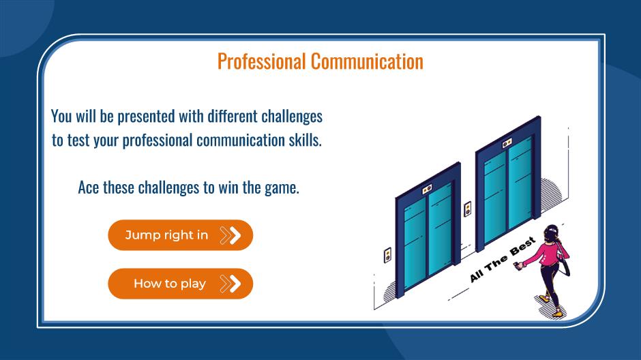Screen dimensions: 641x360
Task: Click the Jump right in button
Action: pyautogui.click(x=180, y=235)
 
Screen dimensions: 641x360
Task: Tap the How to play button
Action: pyautogui.click(x=180, y=284)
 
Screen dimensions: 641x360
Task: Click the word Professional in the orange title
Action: pyautogui.click(x=262, y=61)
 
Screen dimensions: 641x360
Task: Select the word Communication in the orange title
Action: pyautogui.click(x=367, y=61)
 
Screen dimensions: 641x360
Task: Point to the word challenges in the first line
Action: pyautogui.click(x=292, y=117)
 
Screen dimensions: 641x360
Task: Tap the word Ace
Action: pyautogui.click(x=88, y=187)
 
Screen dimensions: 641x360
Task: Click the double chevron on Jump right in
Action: pyautogui.click(x=230, y=235)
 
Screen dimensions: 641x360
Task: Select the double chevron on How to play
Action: pyautogui.click(x=230, y=284)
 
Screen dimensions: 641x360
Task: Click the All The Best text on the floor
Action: pyautogui.click(x=503, y=260)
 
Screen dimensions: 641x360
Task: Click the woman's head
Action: pyautogui.click(x=551, y=232)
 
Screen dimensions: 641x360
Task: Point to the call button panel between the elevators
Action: pyautogui.click(x=468, y=209)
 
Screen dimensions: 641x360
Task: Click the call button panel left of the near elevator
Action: pyautogui.click(x=387, y=256)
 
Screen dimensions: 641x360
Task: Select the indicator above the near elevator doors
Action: pyautogui.click(x=427, y=189)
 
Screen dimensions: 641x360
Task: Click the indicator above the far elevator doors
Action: pyautogui.click(x=507, y=143)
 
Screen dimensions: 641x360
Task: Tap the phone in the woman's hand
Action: pyautogui.click(x=518, y=266)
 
